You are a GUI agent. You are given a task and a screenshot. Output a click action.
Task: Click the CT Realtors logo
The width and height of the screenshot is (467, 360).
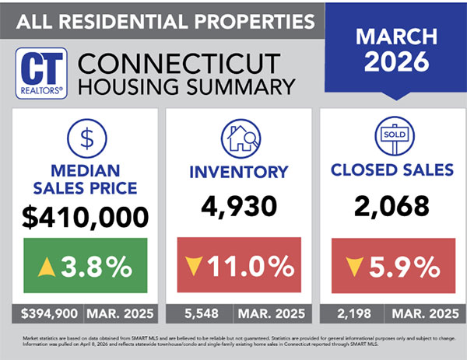[x=43, y=72]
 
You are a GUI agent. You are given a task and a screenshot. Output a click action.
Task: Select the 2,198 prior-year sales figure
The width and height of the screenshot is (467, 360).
[x=346, y=316]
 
